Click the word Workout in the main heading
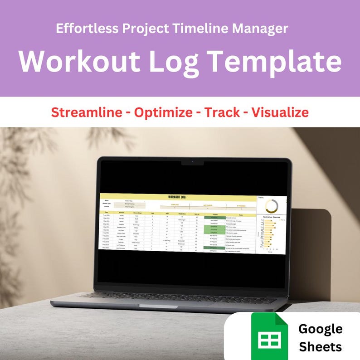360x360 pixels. pos(81,61)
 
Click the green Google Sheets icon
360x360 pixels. pos(269,334)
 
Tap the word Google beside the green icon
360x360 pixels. pos(320,329)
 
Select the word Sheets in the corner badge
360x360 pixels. pos(320,347)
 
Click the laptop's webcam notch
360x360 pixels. pos(193,161)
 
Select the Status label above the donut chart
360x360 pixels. pos(261,198)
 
